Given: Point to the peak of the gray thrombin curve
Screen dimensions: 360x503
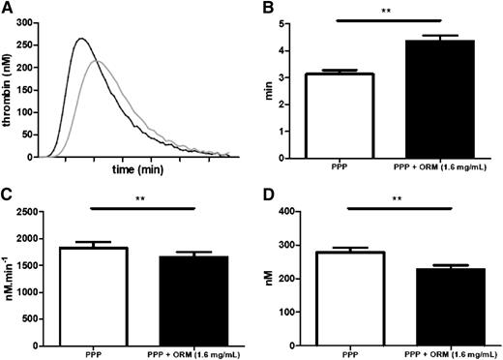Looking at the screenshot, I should pyautogui.click(x=97, y=61).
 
